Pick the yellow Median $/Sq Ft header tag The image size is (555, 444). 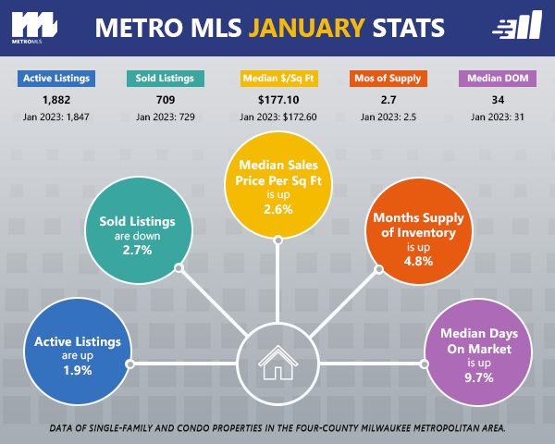click(277, 78)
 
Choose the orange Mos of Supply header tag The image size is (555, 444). click(387, 78)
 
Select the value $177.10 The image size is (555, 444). click(277, 100)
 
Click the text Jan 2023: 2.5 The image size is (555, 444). click(387, 117)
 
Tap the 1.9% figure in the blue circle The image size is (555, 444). click(78, 370)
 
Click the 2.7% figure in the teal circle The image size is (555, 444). click(137, 250)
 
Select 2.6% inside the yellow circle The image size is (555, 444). click(277, 210)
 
